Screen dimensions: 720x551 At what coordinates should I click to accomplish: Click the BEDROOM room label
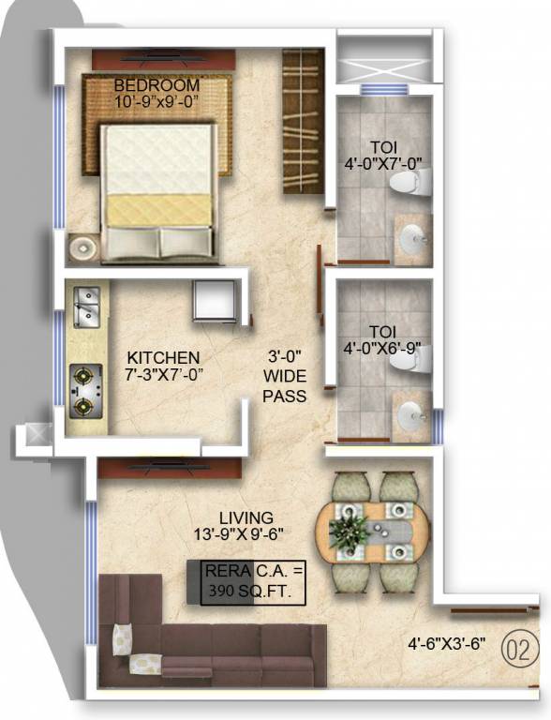click(156, 85)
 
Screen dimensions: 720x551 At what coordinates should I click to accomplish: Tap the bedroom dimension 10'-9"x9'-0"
click(157, 100)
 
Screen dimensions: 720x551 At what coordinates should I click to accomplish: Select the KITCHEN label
click(163, 357)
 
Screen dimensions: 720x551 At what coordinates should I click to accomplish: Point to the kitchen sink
click(85, 305)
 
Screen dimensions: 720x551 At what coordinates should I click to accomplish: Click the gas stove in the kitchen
click(85, 390)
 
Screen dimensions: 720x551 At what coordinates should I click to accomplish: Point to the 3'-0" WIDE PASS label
click(284, 376)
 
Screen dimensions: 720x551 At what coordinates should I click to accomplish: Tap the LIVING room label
click(246, 517)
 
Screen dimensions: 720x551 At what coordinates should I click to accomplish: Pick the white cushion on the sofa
click(124, 639)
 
